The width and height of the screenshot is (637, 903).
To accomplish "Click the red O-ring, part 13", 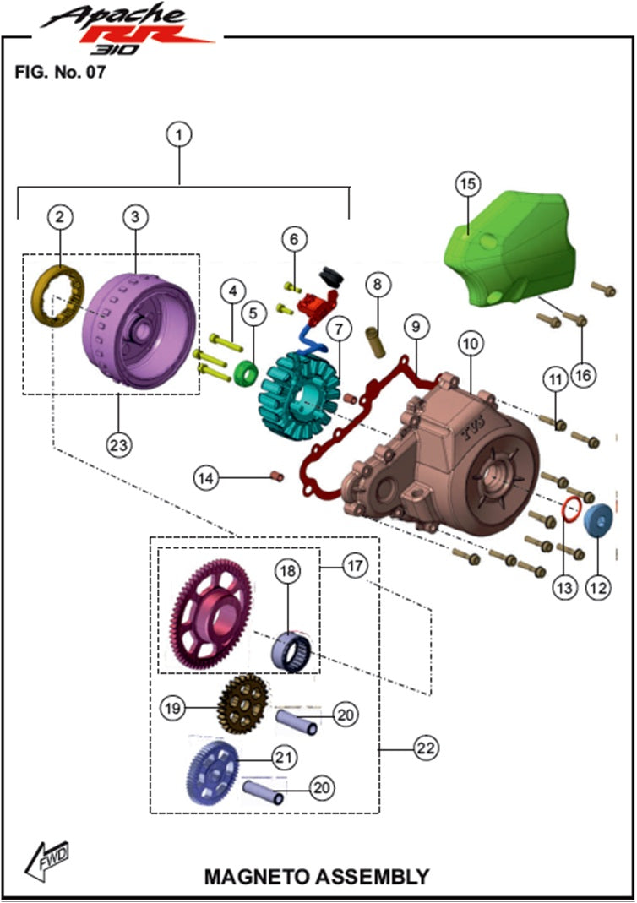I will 571,508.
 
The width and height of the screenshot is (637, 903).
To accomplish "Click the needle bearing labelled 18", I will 292,650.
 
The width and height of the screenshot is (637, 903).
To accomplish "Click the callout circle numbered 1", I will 179,133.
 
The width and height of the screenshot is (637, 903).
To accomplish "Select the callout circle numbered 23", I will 119,442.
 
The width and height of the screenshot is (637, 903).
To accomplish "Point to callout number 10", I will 469,345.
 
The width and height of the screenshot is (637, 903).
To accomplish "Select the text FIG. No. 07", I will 60,73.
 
